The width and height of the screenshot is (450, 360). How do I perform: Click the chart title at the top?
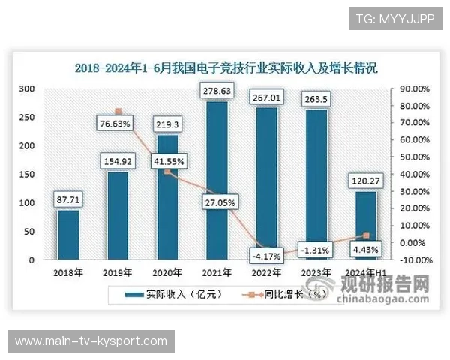[226, 67]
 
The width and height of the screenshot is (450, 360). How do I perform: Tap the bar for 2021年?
[217, 180]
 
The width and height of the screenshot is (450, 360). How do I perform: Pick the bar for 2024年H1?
[365, 225]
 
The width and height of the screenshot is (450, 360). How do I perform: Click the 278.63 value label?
[217, 91]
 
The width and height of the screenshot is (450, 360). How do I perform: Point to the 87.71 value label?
[68, 199]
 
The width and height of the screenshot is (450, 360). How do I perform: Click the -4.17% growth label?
[266, 256]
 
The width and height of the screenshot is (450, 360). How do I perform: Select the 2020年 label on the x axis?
[167, 272]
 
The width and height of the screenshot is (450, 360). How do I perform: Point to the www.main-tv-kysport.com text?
[91, 341]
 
